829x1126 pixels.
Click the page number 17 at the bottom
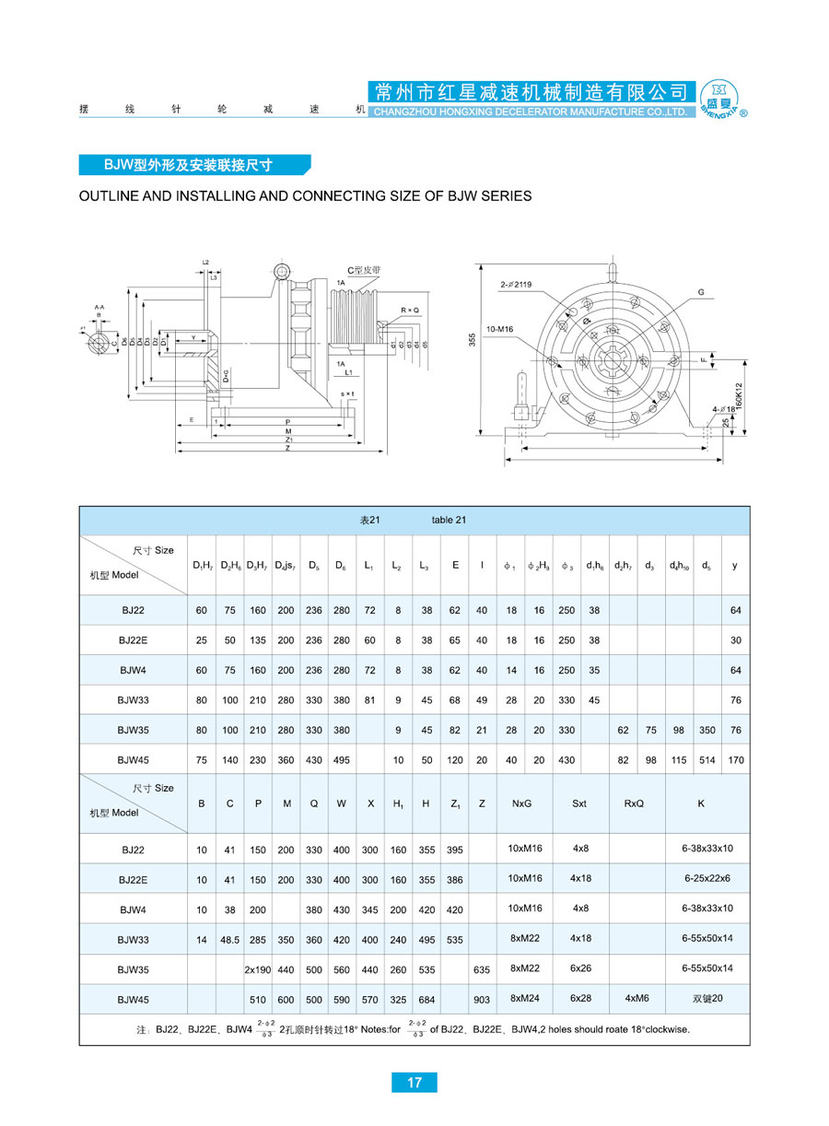coord(414,1082)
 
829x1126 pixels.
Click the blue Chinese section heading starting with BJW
coord(194,165)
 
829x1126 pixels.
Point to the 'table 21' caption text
coord(449,520)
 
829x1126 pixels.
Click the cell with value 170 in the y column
coord(735,760)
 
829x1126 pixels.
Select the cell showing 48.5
coord(230,939)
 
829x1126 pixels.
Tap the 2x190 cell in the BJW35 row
coord(257,969)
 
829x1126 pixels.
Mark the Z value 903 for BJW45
coord(482,1000)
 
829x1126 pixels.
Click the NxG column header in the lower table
coord(521,803)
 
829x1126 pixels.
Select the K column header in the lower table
coord(701,803)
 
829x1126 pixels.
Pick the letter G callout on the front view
coord(701,292)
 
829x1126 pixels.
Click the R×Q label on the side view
coord(410,311)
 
